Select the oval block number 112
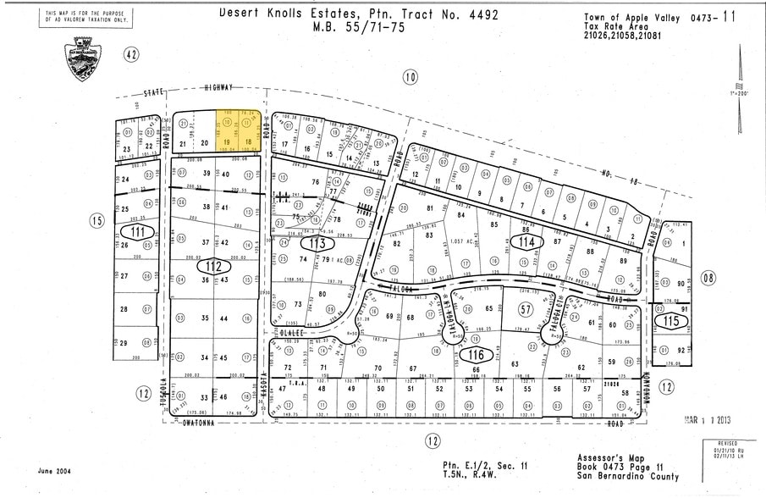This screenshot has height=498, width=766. (x=213, y=267)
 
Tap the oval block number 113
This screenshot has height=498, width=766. (x=317, y=243)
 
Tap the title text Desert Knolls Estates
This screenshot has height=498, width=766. (x=294, y=13)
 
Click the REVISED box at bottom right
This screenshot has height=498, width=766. (x=729, y=451)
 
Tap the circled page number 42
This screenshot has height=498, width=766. (x=130, y=55)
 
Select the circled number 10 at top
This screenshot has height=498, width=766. (x=410, y=78)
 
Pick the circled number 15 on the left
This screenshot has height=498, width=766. (x=97, y=220)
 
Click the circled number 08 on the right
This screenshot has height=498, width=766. (x=708, y=277)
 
